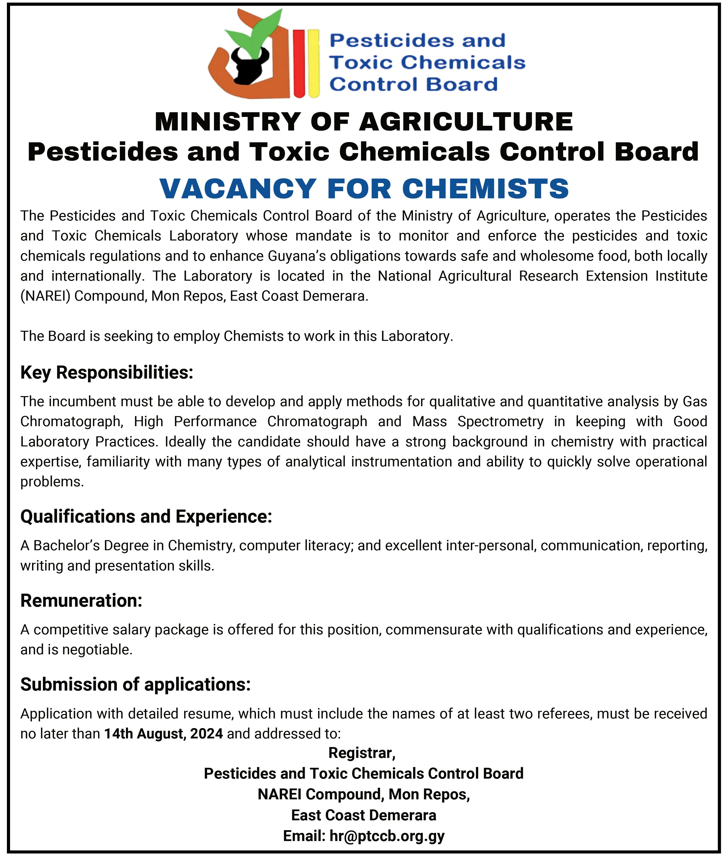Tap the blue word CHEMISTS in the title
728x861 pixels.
click(x=485, y=189)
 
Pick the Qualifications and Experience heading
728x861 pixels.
click(x=146, y=517)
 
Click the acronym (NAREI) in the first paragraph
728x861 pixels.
click(x=45, y=296)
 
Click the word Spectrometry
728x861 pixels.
click(x=500, y=422)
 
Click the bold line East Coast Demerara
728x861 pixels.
click(x=364, y=815)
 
